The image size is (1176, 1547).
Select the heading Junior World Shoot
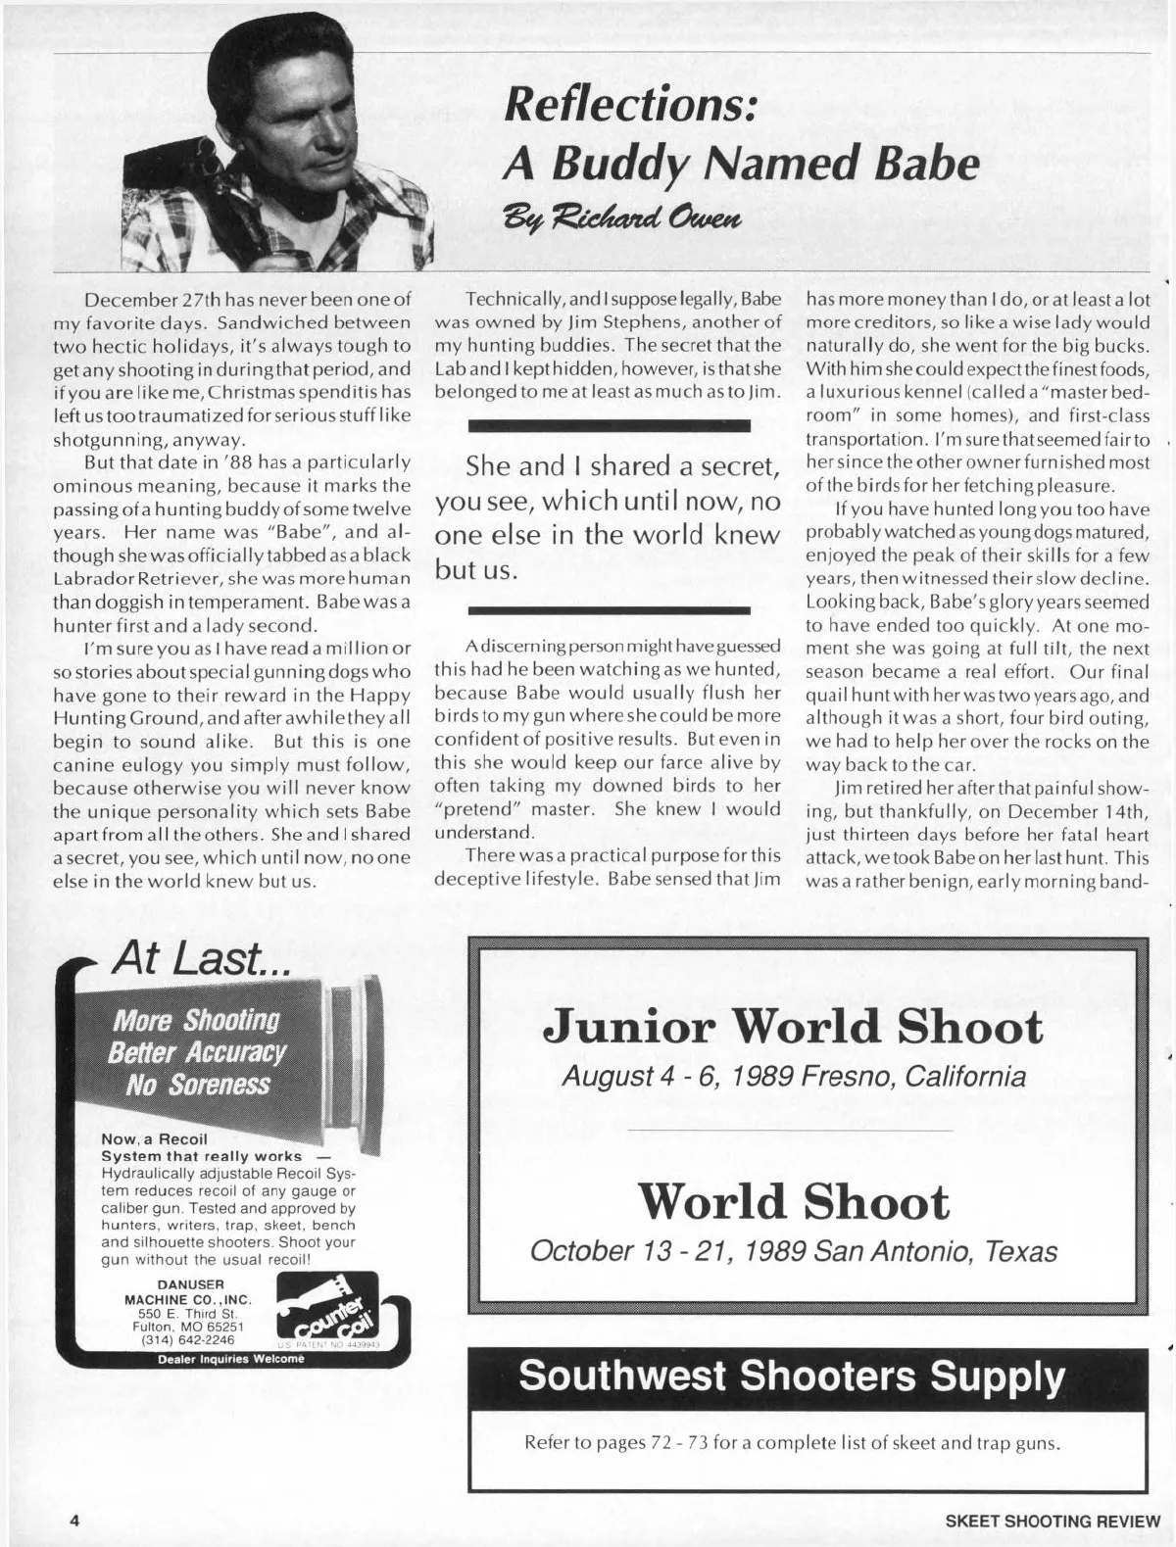(x=793, y=1027)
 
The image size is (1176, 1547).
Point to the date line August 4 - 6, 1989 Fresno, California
(x=793, y=1077)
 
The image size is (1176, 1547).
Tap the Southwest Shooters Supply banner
(x=791, y=1377)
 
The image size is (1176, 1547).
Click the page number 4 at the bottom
(x=73, y=1521)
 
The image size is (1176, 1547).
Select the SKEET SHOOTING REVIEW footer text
(x=1053, y=1521)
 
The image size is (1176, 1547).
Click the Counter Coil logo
(x=327, y=1309)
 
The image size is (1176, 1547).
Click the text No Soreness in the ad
(x=197, y=1085)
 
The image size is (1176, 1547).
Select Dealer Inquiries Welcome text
(x=230, y=1359)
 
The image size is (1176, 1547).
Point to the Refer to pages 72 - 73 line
(x=791, y=1443)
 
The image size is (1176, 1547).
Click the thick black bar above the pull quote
(x=608, y=426)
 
